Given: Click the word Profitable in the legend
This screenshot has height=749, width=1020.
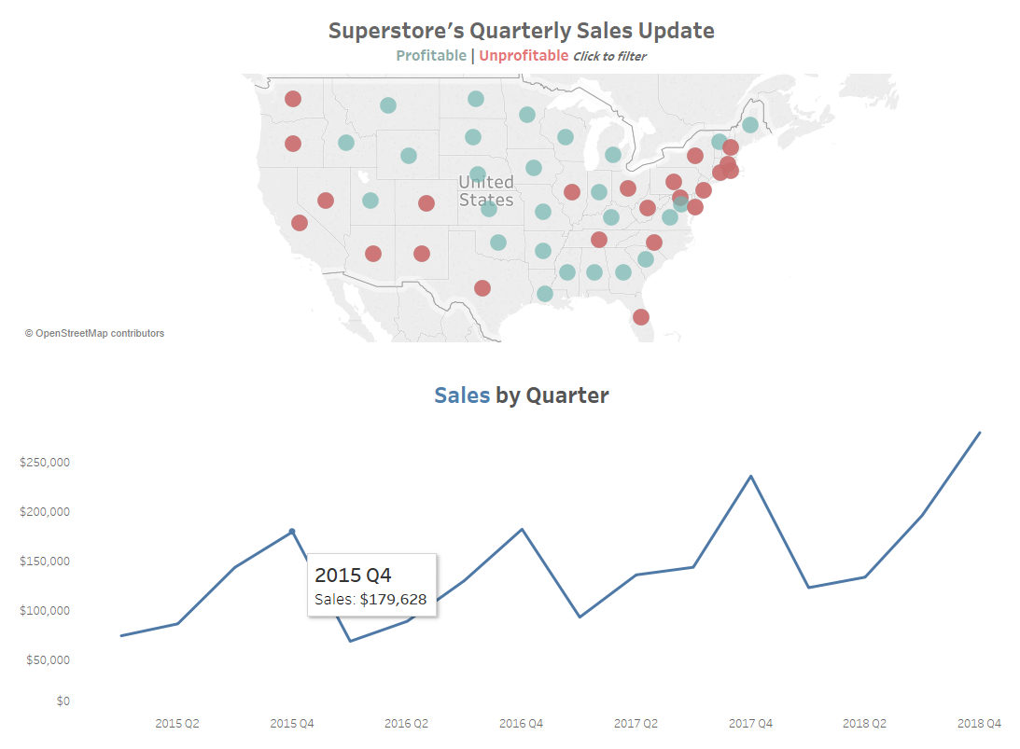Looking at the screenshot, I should pos(431,56).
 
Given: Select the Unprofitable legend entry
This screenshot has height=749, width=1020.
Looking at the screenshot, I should pos(524,56).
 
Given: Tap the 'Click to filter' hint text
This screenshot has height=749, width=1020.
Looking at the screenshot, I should pos(609,57).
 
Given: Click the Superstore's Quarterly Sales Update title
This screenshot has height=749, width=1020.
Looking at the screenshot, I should pos(521,31).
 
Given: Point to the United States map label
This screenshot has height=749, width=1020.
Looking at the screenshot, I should pos(485,190).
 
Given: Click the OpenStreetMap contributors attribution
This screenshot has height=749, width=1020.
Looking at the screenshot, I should pos(94,333).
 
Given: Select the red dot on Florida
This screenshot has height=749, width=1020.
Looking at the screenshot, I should pos(641,317).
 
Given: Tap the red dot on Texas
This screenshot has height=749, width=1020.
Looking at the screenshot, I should pos(482,288).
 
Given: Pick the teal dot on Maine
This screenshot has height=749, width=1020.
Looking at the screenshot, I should pos(750,125).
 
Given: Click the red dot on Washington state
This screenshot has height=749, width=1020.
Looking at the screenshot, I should pos(293,99).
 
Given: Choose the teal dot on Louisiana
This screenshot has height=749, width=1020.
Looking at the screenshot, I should pos(545,294).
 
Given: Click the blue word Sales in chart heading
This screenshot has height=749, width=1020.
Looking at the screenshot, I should pos(461,395).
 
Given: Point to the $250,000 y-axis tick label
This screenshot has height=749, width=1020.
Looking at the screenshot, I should pos(46,463).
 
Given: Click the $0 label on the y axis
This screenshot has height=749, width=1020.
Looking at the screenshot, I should pos(62,701).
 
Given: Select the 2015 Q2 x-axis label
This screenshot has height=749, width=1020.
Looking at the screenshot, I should pos(177,724).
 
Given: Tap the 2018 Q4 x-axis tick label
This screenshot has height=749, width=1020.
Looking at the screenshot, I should pos(980,724).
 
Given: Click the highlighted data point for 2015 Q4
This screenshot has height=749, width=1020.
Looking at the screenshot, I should pos(292,532).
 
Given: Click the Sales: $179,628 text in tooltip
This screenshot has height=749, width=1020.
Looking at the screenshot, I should pos(370,600).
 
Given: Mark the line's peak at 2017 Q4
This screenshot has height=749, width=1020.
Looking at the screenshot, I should pos(751,477).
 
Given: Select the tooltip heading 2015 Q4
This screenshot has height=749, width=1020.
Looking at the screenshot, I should pos(353,575).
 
